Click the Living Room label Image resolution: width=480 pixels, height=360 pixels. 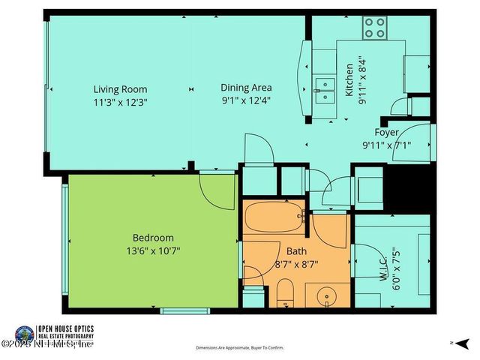pyautogui.click(x=120, y=88)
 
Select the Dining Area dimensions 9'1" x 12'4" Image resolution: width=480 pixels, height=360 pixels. pyautogui.click(x=245, y=100)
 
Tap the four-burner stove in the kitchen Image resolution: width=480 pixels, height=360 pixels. pyautogui.click(x=374, y=28)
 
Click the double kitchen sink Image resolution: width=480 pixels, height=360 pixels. pyautogui.click(x=325, y=88)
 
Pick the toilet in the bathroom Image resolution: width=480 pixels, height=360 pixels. pyautogui.click(x=285, y=292)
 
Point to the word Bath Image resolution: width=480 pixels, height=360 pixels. pyautogui.click(x=296, y=252)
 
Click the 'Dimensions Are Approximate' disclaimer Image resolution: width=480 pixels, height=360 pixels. pyautogui.click(x=240, y=348)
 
